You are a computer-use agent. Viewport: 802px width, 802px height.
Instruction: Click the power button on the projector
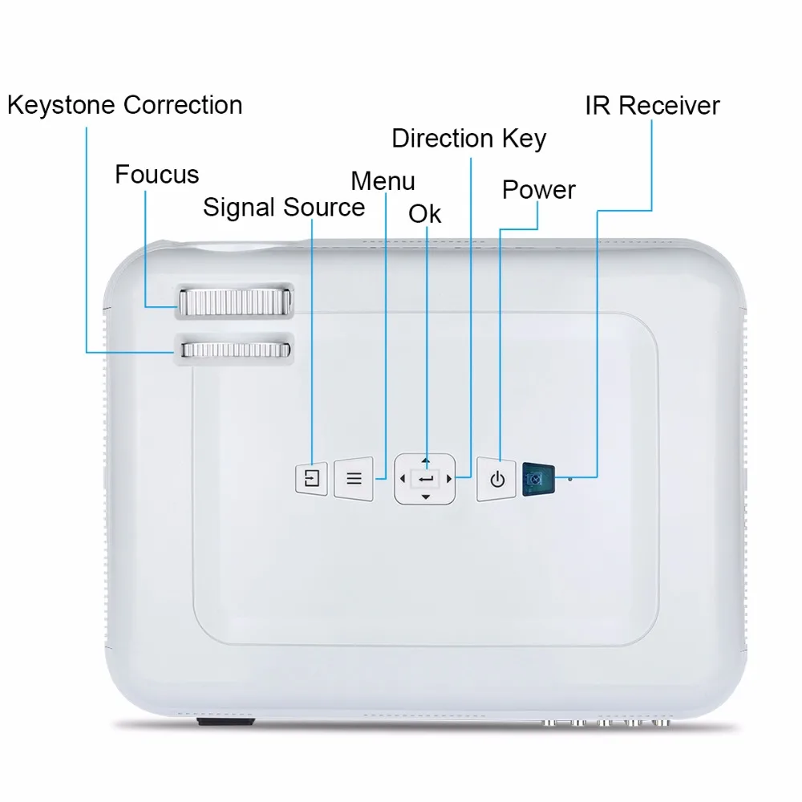click(496, 480)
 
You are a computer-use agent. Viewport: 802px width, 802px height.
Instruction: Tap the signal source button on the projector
click(311, 478)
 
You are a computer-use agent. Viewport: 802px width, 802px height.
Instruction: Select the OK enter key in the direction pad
click(426, 480)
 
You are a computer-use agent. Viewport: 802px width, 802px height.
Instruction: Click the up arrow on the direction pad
click(426, 461)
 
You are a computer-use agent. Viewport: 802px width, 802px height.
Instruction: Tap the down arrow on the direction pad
click(426, 497)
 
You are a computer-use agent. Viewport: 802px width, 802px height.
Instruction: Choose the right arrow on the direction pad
click(449, 480)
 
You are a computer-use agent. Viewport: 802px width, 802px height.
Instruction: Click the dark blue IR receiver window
click(539, 480)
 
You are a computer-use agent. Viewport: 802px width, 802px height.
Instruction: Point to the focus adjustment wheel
click(235, 302)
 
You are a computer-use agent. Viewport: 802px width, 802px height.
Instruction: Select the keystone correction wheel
click(236, 350)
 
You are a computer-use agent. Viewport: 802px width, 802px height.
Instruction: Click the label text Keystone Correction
click(125, 105)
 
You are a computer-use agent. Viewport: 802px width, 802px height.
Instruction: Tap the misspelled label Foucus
click(157, 174)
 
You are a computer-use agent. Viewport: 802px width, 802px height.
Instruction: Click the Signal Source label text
click(284, 208)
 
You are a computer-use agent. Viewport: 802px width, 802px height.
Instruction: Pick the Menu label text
click(383, 181)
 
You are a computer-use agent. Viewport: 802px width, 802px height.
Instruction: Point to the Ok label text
click(424, 214)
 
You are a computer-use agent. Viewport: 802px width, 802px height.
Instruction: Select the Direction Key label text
click(469, 139)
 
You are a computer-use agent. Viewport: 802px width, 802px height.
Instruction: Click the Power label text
click(539, 190)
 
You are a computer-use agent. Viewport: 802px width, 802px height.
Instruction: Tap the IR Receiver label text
click(653, 106)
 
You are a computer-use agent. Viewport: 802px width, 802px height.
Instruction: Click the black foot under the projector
click(225, 722)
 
